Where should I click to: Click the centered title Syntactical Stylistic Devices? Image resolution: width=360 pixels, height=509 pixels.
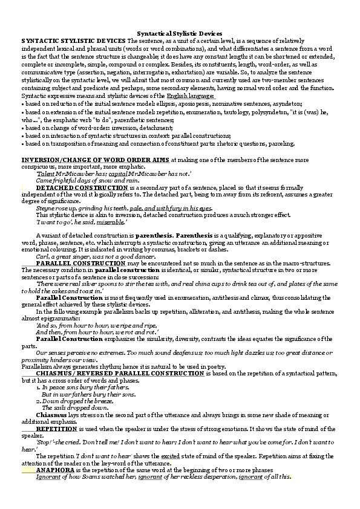coord(180,34)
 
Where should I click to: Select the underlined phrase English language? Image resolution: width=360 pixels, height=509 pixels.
coord(191,96)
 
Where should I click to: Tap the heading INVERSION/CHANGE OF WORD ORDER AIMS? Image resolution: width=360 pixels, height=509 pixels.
coord(96,160)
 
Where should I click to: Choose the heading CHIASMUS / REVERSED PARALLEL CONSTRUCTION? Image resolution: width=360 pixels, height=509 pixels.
coord(119,373)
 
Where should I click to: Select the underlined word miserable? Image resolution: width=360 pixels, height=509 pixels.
coord(112,222)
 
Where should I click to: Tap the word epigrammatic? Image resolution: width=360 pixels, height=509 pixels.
coord(58,319)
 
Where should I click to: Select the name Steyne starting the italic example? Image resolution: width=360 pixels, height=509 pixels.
coord(46,209)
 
